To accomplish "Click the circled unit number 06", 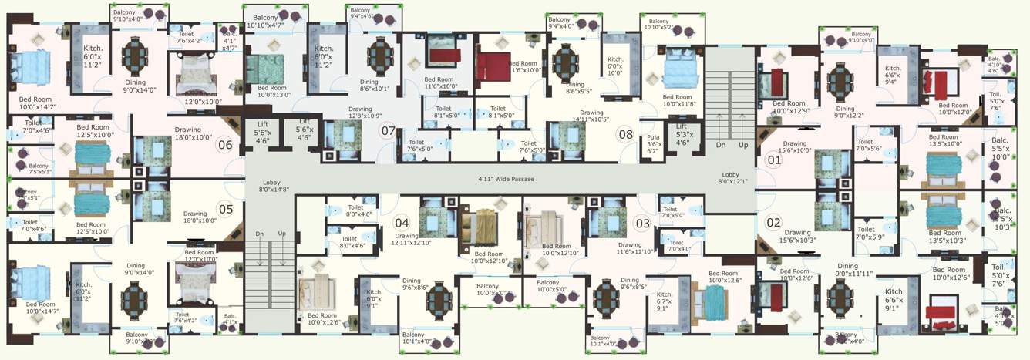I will (x=225, y=144).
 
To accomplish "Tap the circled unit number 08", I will (x=625, y=134).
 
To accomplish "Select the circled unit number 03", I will (x=641, y=224).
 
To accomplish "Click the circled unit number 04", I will (x=402, y=224).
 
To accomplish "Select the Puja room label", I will (x=652, y=143).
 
